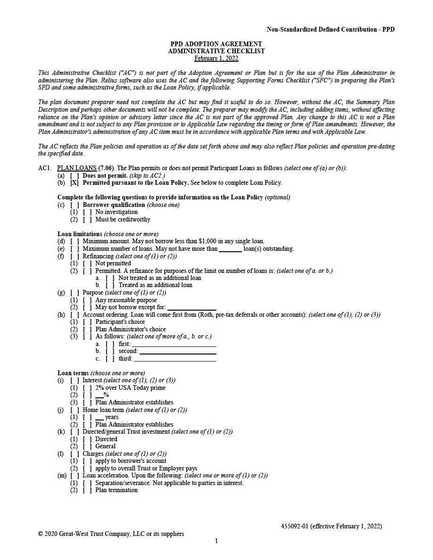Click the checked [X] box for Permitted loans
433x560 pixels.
click(x=75, y=183)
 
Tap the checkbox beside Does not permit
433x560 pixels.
click(x=75, y=175)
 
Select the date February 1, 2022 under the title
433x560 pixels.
click(x=216, y=58)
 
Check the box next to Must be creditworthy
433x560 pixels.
click(x=87, y=219)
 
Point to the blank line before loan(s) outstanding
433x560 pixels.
click(x=230, y=249)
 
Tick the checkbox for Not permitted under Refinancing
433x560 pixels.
click(x=87, y=264)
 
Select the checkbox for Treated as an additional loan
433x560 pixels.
click(x=110, y=285)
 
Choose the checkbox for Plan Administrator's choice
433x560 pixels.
click(x=87, y=329)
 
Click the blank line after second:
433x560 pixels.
click(x=178, y=351)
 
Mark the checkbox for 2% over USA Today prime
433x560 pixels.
click(x=87, y=388)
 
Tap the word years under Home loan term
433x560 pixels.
click(x=112, y=417)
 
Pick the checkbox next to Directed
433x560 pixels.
click(x=87, y=439)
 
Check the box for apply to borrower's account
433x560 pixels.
click(x=87, y=461)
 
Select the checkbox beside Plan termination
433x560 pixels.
click(x=87, y=490)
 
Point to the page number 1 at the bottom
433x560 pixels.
click(x=216, y=541)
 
